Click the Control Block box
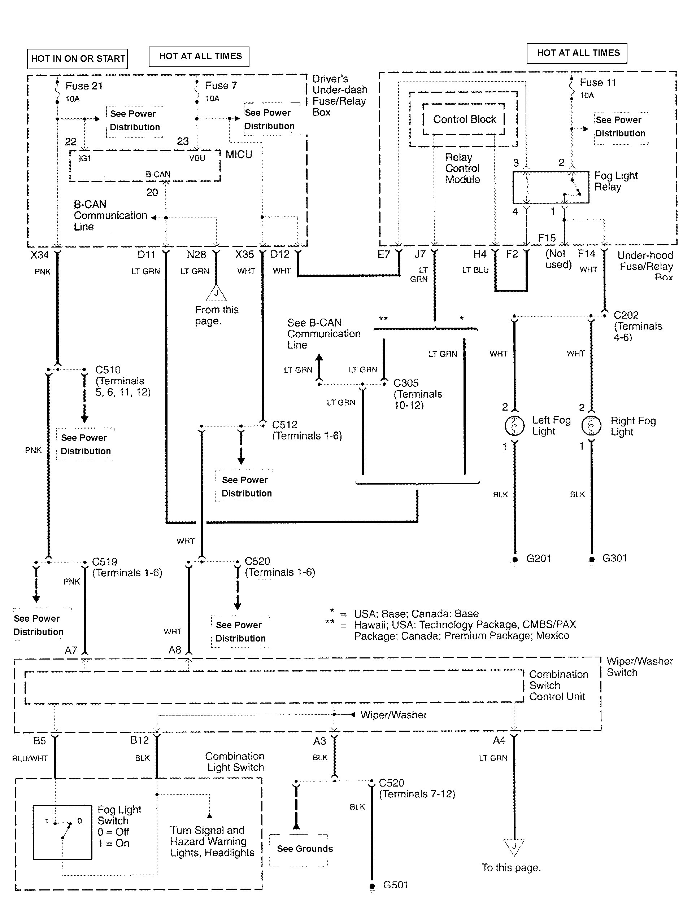464,119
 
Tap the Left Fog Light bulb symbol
515,425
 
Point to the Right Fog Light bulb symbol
591,426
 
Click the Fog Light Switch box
62,832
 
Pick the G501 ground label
396,885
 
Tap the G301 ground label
614,558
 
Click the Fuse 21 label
84,86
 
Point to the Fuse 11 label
597,83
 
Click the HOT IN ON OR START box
78,59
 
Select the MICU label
239,154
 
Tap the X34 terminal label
40,255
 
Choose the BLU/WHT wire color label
30,758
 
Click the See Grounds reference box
305,849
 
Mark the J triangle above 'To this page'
514,846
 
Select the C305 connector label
406,383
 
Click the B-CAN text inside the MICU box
158,174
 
